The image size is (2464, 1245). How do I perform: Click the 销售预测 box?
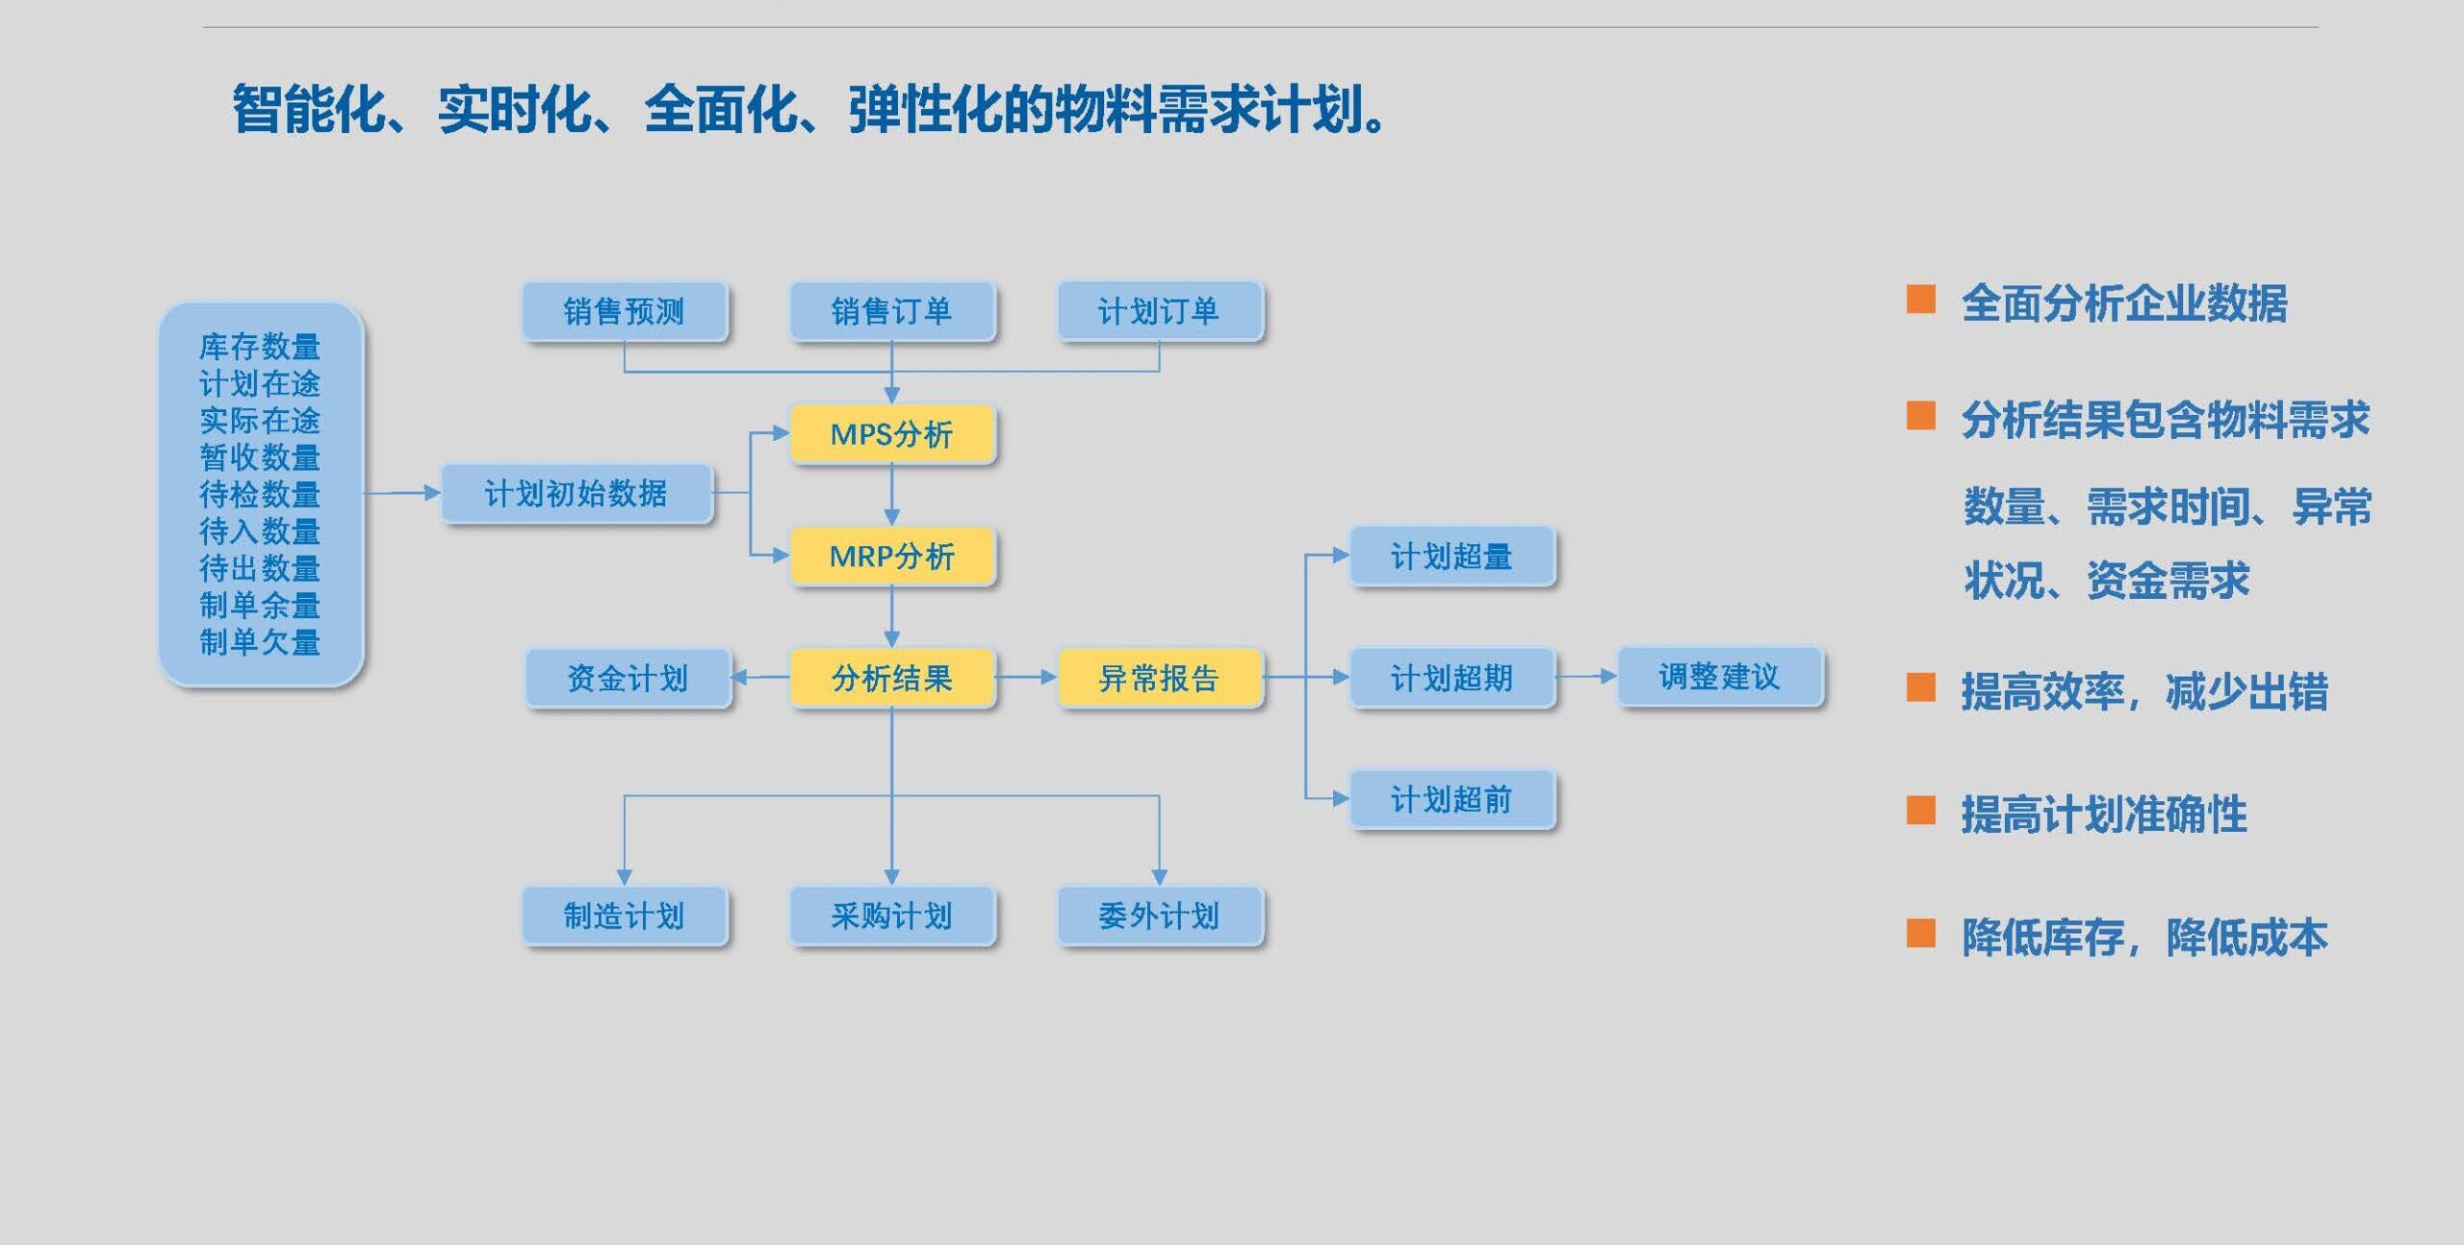(624, 311)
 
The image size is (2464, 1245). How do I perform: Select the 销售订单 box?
(891, 311)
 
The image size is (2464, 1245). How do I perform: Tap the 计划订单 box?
(1159, 311)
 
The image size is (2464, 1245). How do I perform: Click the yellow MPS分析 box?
(891, 434)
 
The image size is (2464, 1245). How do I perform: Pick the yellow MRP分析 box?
(891, 556)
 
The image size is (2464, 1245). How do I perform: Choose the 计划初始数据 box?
(576, 493)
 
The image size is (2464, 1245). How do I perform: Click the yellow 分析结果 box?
(891, 678)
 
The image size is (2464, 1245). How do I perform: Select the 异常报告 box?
(1159, 678)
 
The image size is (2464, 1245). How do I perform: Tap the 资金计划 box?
(628, 678)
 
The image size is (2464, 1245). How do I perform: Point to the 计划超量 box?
(1451, 556)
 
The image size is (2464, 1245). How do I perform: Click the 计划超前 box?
(1451, 799)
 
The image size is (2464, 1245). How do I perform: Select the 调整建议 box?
(1719, 676)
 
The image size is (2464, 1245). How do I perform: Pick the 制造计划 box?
(624, 915)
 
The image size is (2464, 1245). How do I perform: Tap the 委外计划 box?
(1159, 915)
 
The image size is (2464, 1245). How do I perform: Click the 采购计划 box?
(891, 915)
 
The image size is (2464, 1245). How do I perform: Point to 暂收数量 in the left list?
(260, 457)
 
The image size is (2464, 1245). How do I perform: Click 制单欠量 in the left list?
(260, 641)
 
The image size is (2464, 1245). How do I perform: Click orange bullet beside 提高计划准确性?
(1920, 811)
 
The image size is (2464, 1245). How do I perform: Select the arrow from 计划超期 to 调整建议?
(1586, 676)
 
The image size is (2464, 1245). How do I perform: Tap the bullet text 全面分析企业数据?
(2123, 303)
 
